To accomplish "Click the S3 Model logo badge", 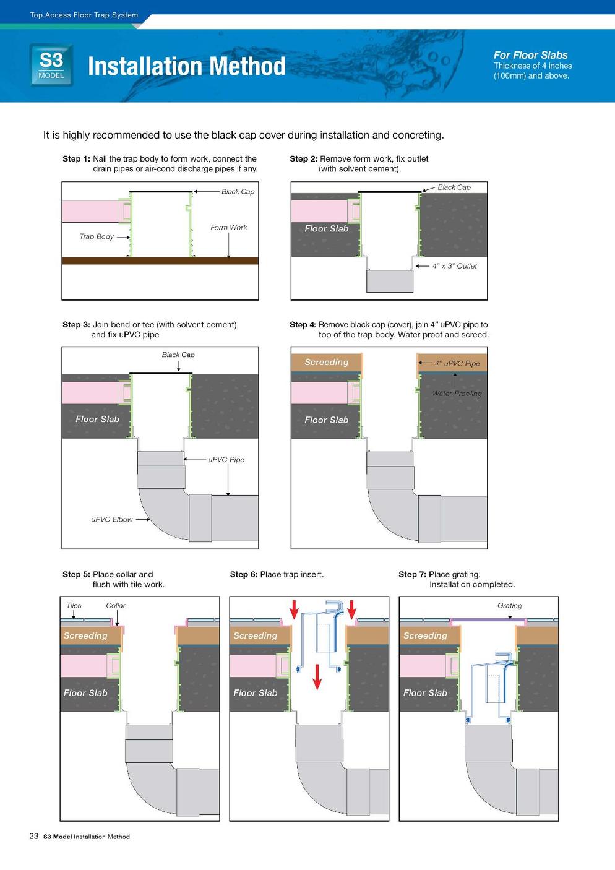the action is tap(51, 65).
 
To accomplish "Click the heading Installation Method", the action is tap(186, 66).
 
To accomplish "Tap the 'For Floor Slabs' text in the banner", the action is tap(530, 55).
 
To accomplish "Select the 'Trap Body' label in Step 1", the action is tap(97, 236).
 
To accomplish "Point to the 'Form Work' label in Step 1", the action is tap(229, 227).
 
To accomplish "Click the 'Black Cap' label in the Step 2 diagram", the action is tap(454, 187).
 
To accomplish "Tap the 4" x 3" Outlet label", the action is tap(454, 265).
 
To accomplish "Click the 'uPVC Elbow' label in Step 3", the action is tap(112, 519).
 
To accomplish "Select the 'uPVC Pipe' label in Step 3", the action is tap(226, 460).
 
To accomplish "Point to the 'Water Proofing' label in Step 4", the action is tap(457, 393).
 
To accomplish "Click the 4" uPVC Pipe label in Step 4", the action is tap(457, 363).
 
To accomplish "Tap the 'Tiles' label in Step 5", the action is tap(74, 605).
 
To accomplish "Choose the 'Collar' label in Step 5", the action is tap(116, 605).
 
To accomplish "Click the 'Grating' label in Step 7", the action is tap(510, 605).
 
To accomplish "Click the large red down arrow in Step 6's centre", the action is tap(317, 676).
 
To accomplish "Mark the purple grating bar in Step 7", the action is tap(488, 619).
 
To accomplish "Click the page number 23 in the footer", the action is tap(34, 836).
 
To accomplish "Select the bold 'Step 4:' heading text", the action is tap(303, 324).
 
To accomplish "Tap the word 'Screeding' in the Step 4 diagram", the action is tap(327, 362).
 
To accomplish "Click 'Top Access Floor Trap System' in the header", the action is tap(84, 15).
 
